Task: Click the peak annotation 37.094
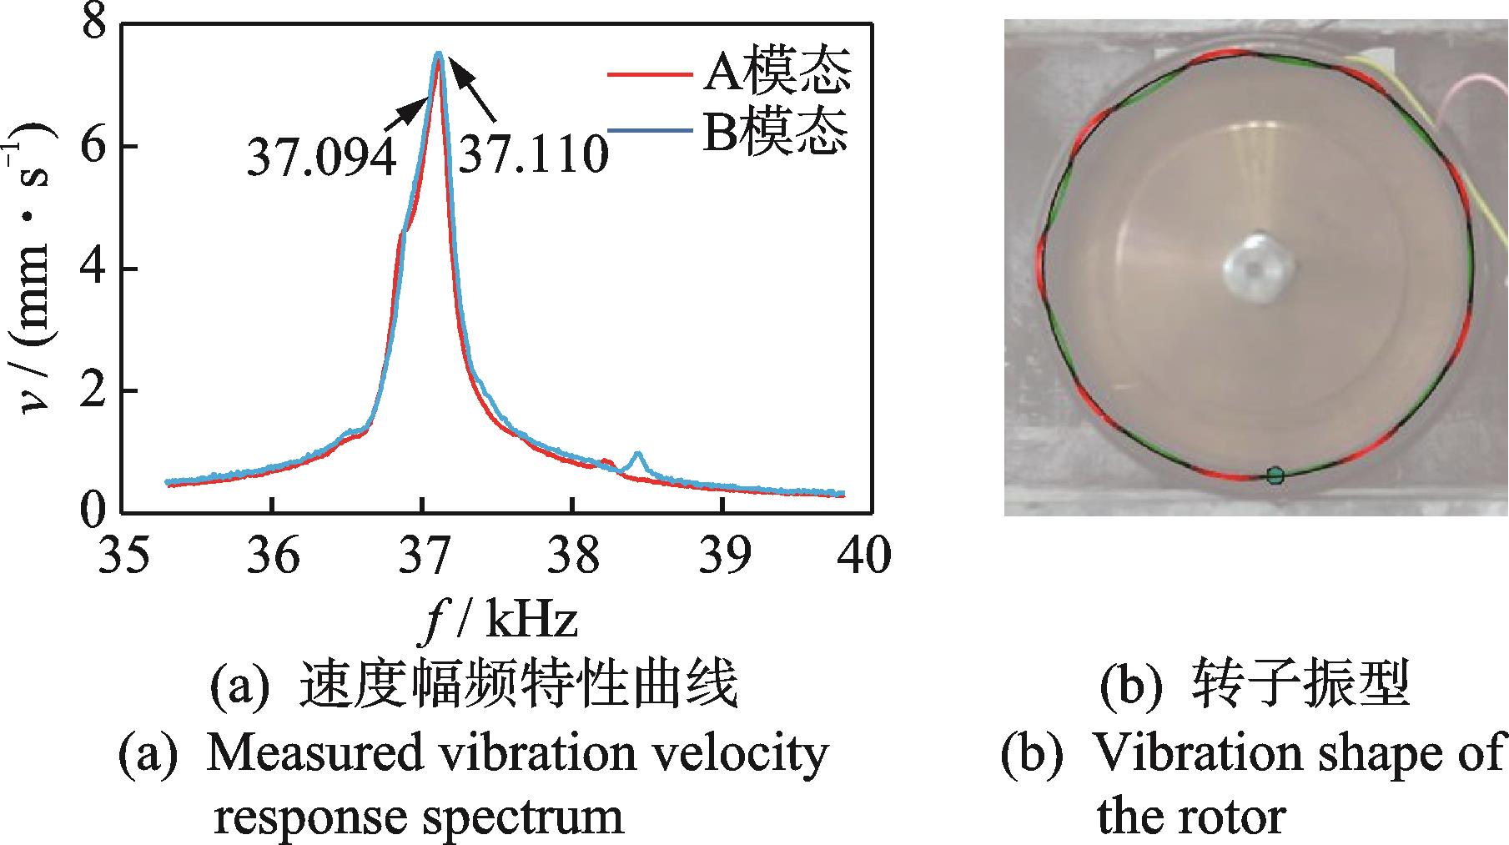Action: pyautogui.click(x=320, y=157)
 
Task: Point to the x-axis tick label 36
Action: pyautogui.click(x=272, y=554)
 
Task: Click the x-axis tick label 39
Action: pyautogui.click(x=722, y=554)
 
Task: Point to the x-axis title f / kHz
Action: pyautogui.click(x=498, y=621)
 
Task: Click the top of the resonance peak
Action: pyautogui.click(x=438, y=55)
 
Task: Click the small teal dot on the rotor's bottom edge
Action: pyautogui.click(x=1275, y=475)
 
